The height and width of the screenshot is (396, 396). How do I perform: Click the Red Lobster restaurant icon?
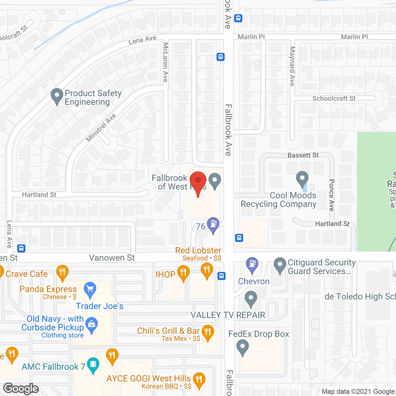click(207, 270)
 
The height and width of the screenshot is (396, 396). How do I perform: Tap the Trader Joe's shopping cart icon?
click(90, 290)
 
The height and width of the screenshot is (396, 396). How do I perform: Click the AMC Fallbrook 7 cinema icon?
click(93, 365)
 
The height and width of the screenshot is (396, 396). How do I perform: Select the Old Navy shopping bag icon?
click(91, 325)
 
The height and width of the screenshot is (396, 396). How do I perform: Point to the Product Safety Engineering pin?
click(57, 96)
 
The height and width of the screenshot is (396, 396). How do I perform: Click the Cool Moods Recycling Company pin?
click(302, 179)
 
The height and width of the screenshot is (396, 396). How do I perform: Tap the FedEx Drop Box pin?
click(243, 346)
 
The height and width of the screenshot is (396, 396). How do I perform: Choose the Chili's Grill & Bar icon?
click(208, 332)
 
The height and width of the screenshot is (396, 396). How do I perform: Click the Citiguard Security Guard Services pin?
click(280, 265)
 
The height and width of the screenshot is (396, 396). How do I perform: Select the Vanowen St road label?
click(112, 258)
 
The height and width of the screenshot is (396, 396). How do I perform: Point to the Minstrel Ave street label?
click(101, 128)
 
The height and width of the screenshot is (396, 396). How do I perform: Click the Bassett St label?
click(303, 155)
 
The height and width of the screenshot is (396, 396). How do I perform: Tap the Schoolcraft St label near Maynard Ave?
click(334, 98)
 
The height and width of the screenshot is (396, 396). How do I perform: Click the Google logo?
click(21, 388)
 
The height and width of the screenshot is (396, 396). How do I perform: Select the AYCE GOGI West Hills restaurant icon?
click(199, 380)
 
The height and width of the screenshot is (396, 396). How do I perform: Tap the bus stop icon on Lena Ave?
click(21, 248)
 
